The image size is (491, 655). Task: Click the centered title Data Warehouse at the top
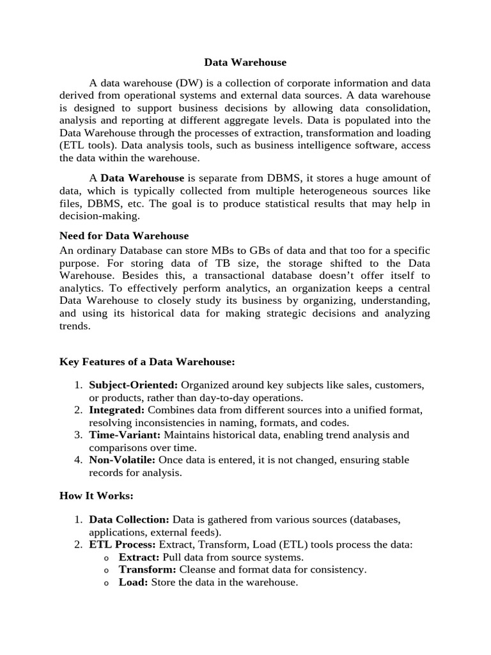pos(245,63)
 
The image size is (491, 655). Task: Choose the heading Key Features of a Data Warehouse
pos(147,362)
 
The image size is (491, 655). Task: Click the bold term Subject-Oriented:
pos(134,385)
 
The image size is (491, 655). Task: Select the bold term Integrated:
pos(116,410)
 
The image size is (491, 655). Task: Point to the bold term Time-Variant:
pos(124,435)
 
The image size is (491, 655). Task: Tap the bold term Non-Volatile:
pos(122,460)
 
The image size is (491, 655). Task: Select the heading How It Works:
pos(97,495)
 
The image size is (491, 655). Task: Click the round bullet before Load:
pos(105,583)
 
